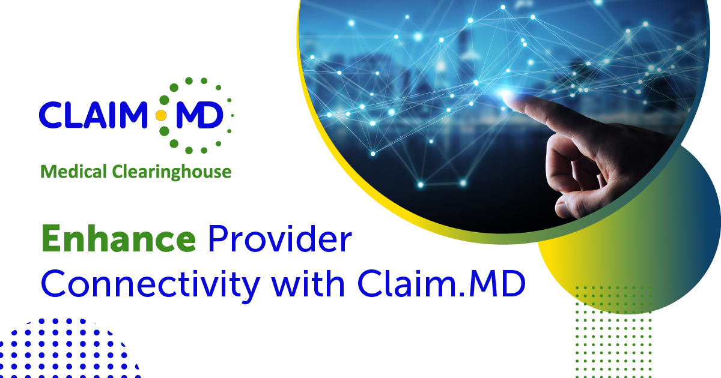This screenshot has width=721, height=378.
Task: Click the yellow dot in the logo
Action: point(161,115)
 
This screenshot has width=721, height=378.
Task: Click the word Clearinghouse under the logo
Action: point(172,173)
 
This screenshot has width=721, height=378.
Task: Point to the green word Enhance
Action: point(118,240)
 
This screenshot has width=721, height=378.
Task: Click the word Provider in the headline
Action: point(279,240)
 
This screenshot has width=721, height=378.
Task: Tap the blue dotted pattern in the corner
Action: point(60,348)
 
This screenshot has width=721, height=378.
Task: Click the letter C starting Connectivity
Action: point(55,285)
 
